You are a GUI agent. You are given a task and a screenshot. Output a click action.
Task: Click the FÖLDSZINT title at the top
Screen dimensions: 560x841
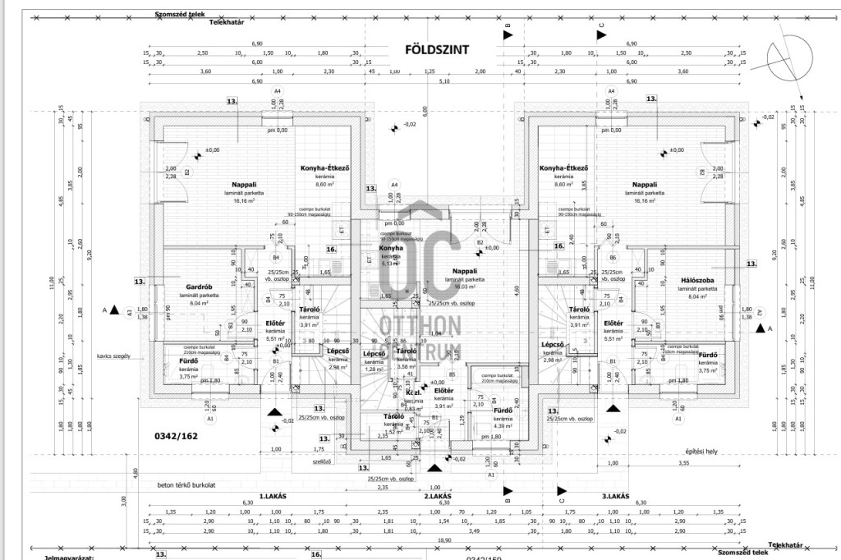tap(437, 49)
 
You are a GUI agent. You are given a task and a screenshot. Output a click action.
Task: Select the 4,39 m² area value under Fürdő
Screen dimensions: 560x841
tap(502, 425)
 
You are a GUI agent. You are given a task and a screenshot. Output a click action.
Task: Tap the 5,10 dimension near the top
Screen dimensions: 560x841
tap(445, 80)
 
